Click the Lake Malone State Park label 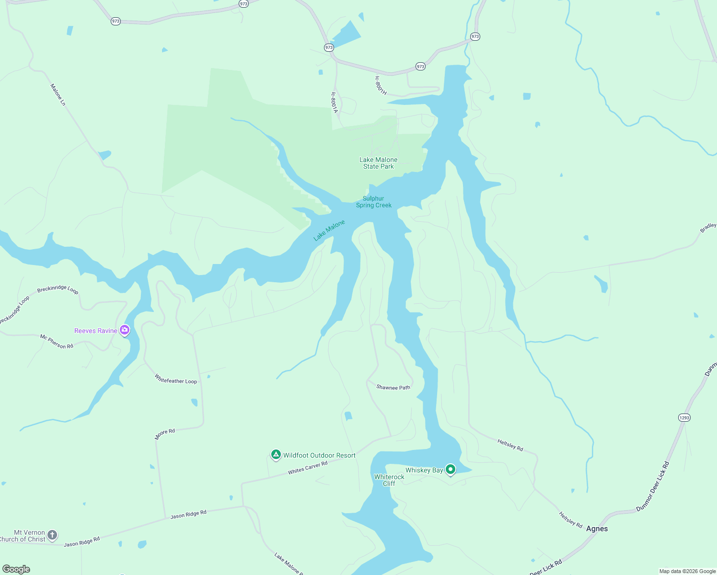tap(378, 163)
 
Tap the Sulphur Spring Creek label tap(373, 202)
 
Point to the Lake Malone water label tap(329, 230)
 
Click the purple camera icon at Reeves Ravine tap(125, 330)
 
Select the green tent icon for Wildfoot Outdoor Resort tap(276, 455)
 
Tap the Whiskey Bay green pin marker tap(450, 469)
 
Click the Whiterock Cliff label tap(389, 480)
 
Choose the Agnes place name tap(597, 529)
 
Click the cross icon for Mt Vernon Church tap(52, 535)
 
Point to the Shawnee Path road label tap(393, 387)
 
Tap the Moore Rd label tap(165, 434)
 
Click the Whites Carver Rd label tap(307, 468)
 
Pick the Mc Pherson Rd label tap(57, 342)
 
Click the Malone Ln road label tap(58, 94)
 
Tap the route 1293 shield tap(684, 418)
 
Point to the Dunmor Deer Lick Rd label tap(652, 486)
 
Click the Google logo tap(16, 569)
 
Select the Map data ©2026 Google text tap(687, 571)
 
